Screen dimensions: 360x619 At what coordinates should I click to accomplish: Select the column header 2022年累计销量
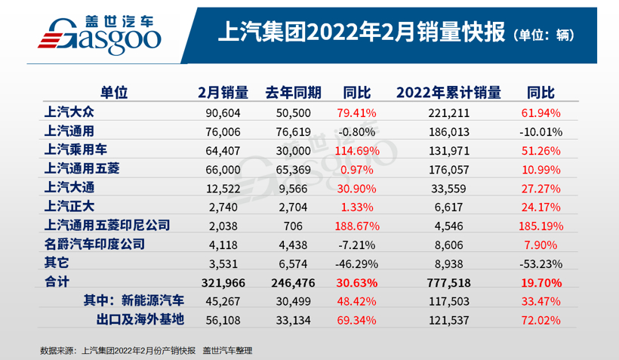448,93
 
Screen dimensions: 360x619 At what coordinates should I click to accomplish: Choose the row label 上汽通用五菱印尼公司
106,225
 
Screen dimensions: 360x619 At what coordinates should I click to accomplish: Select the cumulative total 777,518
449,282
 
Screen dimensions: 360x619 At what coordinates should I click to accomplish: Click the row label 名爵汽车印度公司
95,244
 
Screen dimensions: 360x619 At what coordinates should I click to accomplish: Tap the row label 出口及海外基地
140,319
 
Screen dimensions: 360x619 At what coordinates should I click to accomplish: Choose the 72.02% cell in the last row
540,319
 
